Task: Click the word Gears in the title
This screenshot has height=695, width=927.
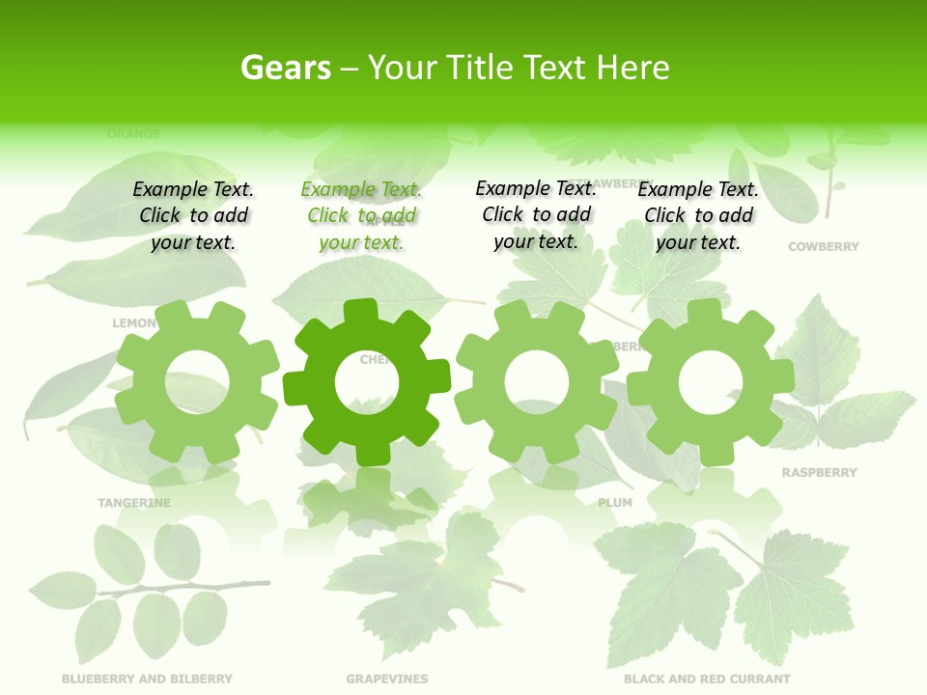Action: click(285, 68)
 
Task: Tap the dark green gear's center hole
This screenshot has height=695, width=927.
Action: click(367, 383)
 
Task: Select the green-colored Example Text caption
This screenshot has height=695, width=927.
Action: click(361, 216)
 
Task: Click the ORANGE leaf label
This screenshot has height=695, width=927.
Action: click(133, 134)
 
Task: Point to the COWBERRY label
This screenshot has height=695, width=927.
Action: click(823, 247)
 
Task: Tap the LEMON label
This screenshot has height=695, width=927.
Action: click(133, 323)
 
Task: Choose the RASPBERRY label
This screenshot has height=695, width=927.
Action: click(819, 473)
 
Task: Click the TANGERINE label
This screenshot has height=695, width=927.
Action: click(134, 503)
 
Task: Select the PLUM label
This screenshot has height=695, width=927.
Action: click(615, 503)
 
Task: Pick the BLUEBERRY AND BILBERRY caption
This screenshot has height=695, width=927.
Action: click(147, 679)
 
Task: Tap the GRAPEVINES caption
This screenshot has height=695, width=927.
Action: click(387, 679)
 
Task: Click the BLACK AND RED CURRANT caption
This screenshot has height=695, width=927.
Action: click(707, 679)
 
